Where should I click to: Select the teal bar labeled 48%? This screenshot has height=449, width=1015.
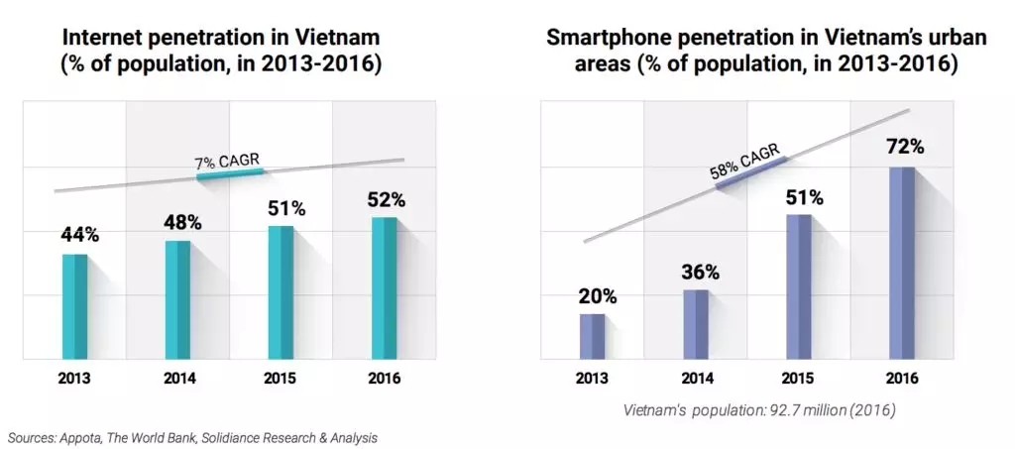[177, 298]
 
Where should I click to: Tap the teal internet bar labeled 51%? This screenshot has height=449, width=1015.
[281, 291]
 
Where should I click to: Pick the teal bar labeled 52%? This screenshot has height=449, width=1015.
[383, 287]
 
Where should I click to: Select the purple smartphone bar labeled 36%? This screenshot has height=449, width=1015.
[695, 323]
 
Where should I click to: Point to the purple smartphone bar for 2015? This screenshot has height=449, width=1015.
[798, 285]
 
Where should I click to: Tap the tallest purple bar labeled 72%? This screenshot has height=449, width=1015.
[901, 262]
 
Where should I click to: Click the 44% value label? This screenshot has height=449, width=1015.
[79, 235]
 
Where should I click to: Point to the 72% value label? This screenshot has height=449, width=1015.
[905, 147]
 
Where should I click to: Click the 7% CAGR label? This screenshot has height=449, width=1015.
[228, 161]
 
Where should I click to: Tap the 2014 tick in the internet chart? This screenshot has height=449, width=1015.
[179, 379]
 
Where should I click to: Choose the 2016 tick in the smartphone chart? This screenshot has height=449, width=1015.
[902, 379]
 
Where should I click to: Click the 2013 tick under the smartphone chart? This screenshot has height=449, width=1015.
[593, 379]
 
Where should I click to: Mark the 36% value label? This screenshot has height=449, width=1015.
[700, 272]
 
